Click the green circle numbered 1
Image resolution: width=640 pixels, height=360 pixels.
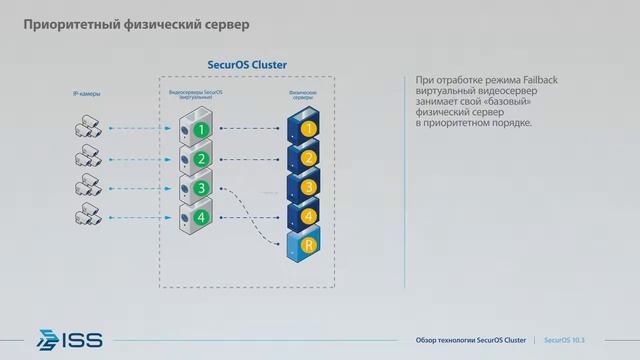tap(203, 129)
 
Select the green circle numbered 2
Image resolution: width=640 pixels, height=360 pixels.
tap(203, 158)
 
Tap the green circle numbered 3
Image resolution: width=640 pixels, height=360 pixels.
tap(203, 187)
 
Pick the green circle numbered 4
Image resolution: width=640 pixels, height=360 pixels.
tap(203, 216)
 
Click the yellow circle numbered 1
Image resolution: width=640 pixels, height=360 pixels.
tap(309, 129)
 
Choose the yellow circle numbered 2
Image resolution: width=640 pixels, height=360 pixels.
tap(309, 158)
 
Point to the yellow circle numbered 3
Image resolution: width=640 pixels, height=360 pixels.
tap(309, 187)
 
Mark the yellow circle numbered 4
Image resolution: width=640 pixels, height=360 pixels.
tap(309, 215)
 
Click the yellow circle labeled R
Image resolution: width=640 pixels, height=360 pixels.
tap(309, 244)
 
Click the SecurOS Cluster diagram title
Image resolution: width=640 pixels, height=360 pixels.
tap(246, 64)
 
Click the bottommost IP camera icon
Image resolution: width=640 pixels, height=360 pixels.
tap(85, 214)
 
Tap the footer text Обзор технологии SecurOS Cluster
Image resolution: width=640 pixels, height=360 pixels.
tap(470, 339)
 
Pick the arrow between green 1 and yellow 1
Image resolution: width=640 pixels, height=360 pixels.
tap(250, 129)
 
